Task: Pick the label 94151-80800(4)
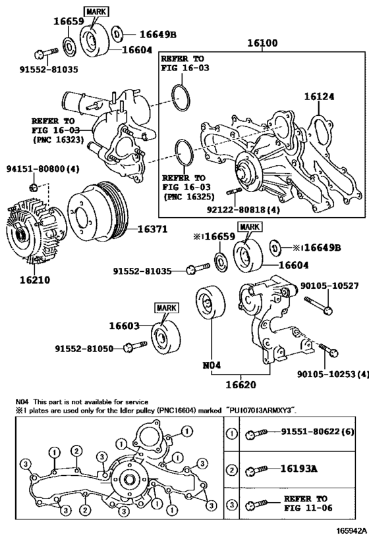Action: coord(43,168)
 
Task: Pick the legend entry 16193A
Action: coord(300,470)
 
